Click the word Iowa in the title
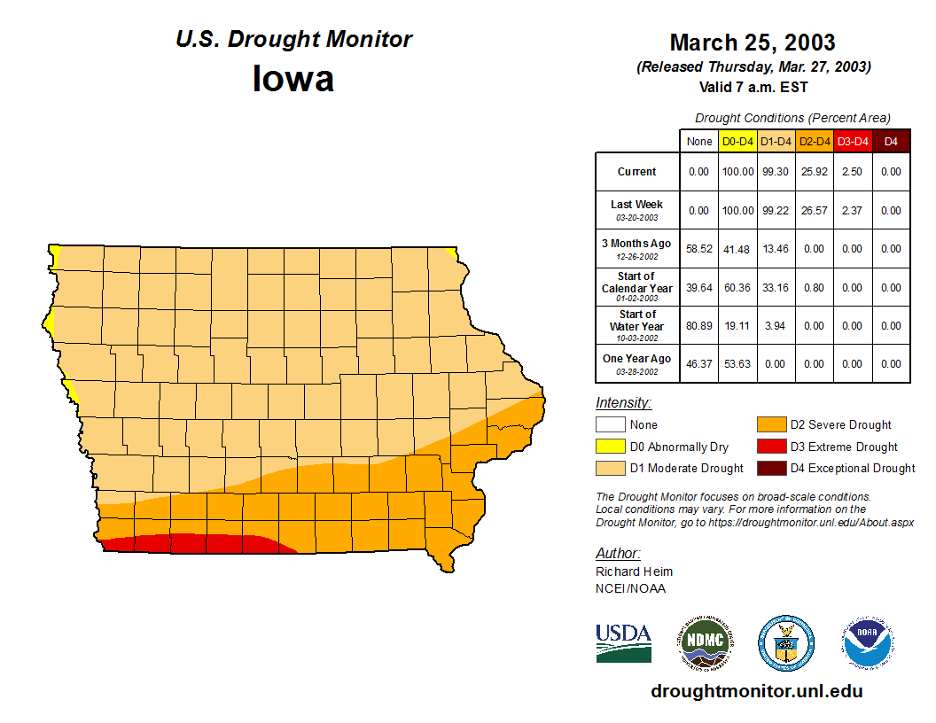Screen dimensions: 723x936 pos(293,79)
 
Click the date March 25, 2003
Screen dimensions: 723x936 pos(752,43)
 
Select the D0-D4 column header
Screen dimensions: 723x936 pos(737,141)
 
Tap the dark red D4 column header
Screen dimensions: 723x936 pos(891,141)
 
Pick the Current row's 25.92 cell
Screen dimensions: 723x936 pos(814,172)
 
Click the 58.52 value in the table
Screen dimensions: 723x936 pos(698,249)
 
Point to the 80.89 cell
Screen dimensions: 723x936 pos(698,325)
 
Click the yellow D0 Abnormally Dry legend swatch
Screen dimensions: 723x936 pos(610,447)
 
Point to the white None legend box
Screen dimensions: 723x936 pos(610,425)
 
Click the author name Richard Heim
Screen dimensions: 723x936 pos(634,571)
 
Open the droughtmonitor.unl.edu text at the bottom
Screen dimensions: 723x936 pos(756,691)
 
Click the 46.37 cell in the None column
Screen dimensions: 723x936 pos(698,363)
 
